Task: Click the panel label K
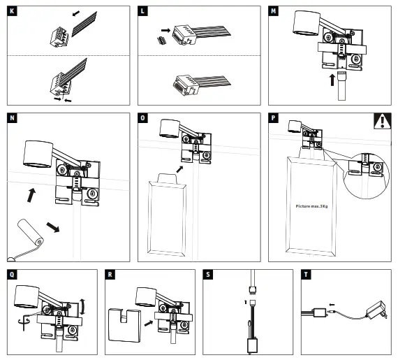coord(12,11)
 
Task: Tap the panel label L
coord(142,11)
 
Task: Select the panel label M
coord(273,11)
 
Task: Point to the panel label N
coord(12,118)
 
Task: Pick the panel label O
coord(142,118)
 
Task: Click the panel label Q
coord(12,275)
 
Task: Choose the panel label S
coord(208,275)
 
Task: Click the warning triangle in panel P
coord(382,121)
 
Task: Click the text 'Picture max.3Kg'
coord(311,206)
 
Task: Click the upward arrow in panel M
coord(332,80)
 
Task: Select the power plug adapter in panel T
coord(376,310)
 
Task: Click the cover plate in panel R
coord(124,325)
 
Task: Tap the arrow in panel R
coord(149,323)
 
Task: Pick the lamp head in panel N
coord(38,154)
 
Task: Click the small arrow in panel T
coord(332,304)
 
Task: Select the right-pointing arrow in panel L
coord(165,31)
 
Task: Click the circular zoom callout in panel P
coord(366,176)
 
